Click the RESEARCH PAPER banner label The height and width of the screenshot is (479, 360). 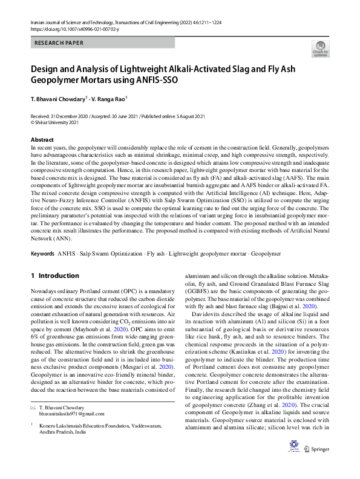59,43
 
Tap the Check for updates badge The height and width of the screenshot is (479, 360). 320,48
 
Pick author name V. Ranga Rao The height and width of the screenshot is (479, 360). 108,98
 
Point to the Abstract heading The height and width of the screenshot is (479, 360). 42,139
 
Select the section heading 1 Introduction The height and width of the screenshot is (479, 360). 54,276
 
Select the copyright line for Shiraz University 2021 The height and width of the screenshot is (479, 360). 54,121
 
